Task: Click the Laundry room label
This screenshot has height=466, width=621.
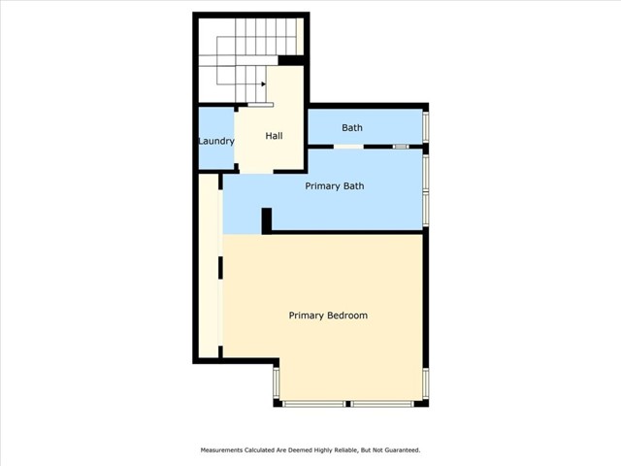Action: click(216, 142)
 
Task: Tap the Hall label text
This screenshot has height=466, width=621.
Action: click(274, 136)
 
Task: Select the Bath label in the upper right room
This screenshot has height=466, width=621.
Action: click(352, 127)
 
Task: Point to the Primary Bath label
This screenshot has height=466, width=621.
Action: click(335, 186)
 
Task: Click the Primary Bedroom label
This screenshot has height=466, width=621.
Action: click(328, 316)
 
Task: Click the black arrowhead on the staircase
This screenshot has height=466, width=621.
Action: click(263, 84)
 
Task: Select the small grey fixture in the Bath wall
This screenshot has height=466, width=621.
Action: click(401, 147)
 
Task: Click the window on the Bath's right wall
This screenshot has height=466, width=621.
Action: click(426, 127)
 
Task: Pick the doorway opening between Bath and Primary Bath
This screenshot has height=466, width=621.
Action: click(348, 147)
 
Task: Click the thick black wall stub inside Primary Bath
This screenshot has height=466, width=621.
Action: click(267, 220)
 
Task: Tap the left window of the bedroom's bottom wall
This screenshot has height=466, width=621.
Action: click(313, 404)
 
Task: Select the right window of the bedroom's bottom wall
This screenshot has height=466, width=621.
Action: click(382, 404)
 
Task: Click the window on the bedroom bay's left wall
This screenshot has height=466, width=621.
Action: click(277, 383)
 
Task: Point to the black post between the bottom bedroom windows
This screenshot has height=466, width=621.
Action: click(347, 404)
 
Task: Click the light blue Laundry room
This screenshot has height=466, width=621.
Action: click(216, 138)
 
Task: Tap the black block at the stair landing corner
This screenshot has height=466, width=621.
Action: click(291, 60)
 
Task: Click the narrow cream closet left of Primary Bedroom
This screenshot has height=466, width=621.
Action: click(209, 265)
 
